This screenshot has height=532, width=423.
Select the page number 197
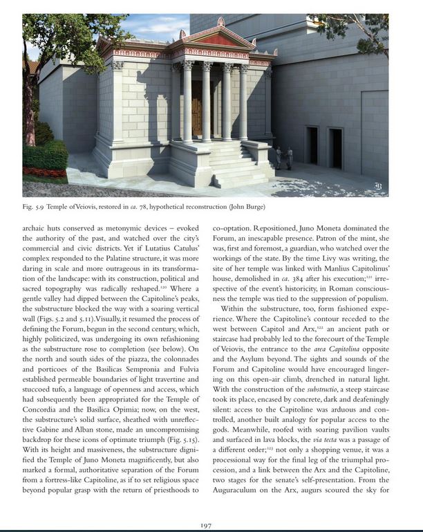click(205, 525)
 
